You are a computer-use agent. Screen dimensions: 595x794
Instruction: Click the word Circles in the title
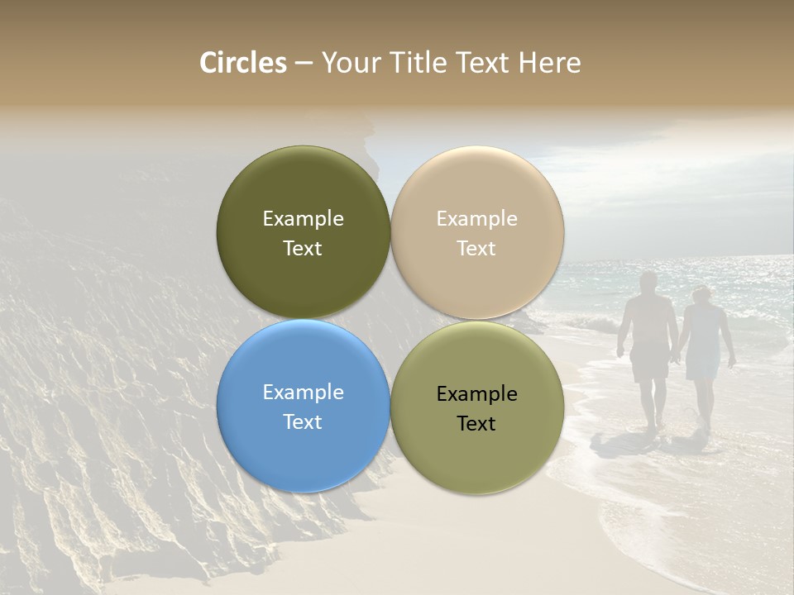point(242,63)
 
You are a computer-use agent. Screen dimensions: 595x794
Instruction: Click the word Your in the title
point(349,63)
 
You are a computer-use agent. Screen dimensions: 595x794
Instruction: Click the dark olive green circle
point(303,182)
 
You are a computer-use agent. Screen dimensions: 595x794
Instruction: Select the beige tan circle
point(476,182)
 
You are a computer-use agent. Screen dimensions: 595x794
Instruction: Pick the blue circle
point(303,455)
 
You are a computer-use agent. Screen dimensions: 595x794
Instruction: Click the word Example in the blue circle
point(303,393)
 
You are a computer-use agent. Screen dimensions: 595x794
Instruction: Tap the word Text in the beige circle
point(476,249)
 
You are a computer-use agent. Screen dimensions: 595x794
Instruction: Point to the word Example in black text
point(476,394)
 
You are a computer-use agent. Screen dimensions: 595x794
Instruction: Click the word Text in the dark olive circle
point(303,249)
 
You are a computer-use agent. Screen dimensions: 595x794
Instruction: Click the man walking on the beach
point(649,347)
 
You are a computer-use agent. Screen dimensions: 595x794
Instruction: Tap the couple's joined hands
point(677,358)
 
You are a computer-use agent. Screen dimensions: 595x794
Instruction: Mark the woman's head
point(701,295)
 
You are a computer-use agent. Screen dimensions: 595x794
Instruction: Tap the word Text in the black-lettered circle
point(476,424)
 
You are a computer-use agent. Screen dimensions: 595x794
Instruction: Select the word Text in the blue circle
point(303,422)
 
